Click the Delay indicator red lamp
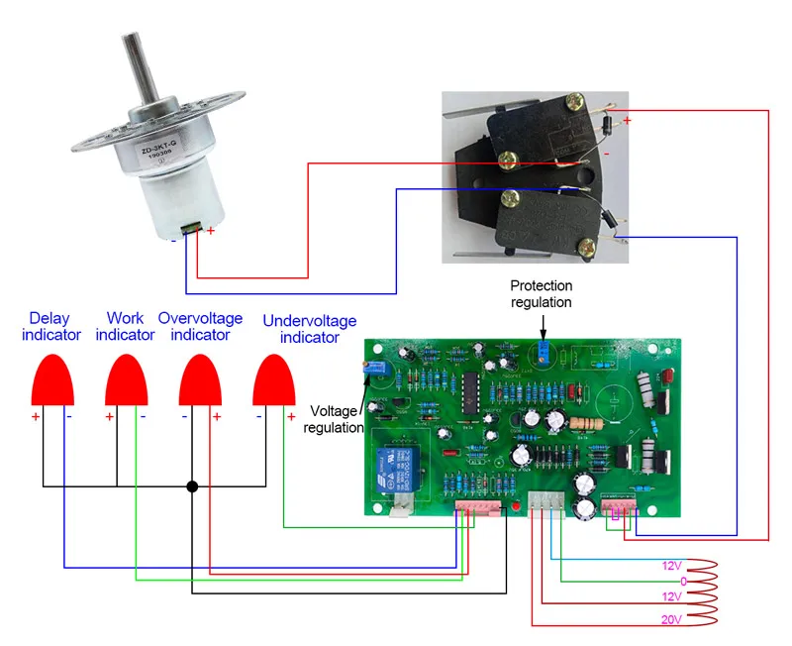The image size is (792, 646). (51, 377)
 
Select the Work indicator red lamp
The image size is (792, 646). (127, 377)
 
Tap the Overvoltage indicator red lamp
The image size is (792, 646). (200, 377)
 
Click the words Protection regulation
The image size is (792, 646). (542, 294)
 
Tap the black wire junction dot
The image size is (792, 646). (192, 486)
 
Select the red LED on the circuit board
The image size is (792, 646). (517, 507)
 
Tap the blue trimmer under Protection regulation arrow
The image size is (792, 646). (543, 352)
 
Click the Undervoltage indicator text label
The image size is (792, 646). (309, 329)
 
